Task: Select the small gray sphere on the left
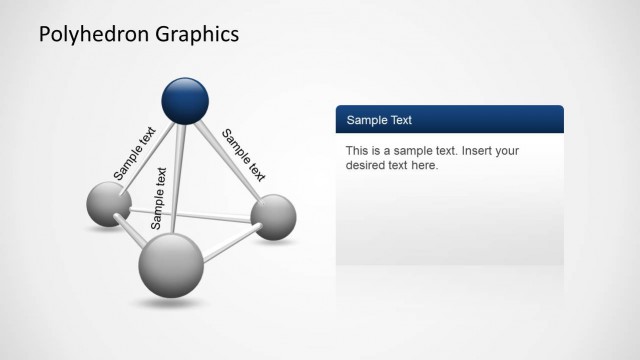(108, 204)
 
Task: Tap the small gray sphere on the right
(272, 217)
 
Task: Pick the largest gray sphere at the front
(170, 264)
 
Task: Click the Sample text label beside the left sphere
(134, 152)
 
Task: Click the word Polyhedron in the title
(95, 35)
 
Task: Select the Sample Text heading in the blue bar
(379, 120)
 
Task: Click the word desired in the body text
(367, 165)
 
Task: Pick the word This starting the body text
(358, 151)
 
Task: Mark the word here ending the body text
(424, 165)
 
